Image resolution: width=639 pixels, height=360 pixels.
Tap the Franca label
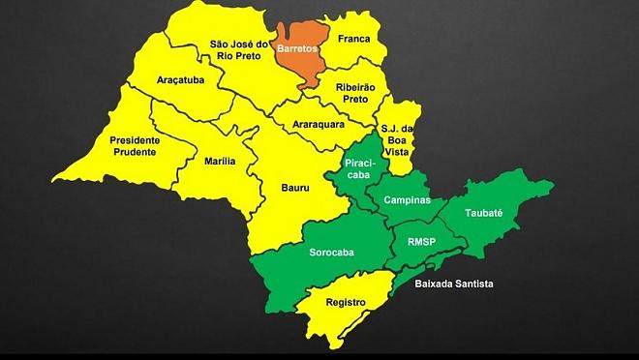point(354,42)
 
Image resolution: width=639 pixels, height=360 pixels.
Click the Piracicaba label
point(359,170)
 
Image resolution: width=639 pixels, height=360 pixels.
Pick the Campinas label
point(407,197)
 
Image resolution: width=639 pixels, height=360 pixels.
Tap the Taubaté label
point(483,212)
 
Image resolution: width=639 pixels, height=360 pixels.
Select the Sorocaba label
point(331,254)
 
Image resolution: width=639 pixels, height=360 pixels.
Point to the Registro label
point(346,302)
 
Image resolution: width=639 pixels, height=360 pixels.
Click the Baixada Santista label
point(454,283)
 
